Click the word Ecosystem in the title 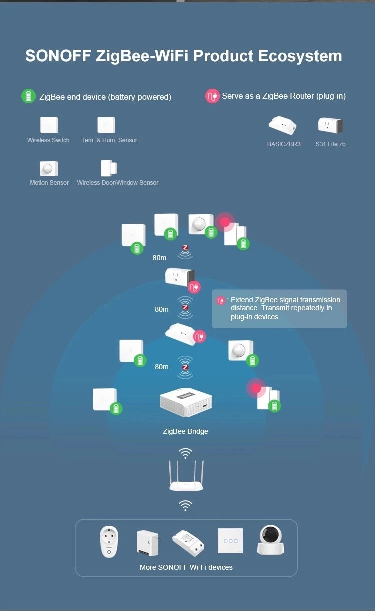(300, 56)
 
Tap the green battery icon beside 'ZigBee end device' (28, 96)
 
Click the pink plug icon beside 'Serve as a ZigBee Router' (212, 96)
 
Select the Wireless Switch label (48, 140)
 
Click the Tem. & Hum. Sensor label (109, 140)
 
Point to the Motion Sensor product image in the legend (49, 168)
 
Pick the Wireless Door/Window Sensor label (118, 183)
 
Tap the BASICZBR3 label (284, 144)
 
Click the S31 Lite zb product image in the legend (330, 125)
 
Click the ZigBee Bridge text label (185, 431)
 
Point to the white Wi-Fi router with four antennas (185, 477)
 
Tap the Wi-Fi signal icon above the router (186, 453)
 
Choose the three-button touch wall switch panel (230, 541)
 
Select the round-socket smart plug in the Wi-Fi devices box (109, 541)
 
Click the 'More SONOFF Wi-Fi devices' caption (186, 567)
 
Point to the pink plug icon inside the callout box (220, 301)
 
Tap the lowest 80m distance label (162, 367)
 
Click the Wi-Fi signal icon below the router (185, 505)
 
